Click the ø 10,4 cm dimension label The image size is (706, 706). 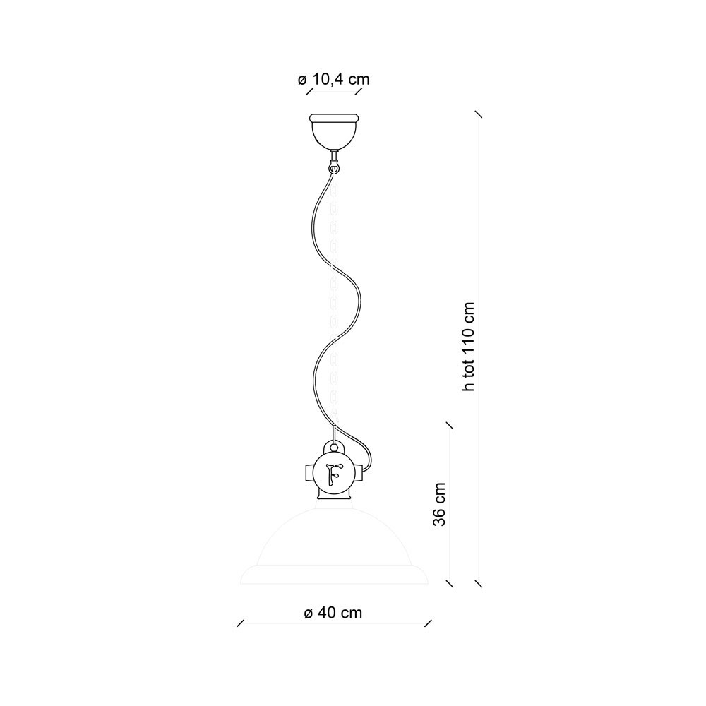[334, 80]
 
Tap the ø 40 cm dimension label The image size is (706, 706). [333, 613]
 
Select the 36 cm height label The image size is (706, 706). [439, 504]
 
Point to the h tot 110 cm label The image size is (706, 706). [468, 347]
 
